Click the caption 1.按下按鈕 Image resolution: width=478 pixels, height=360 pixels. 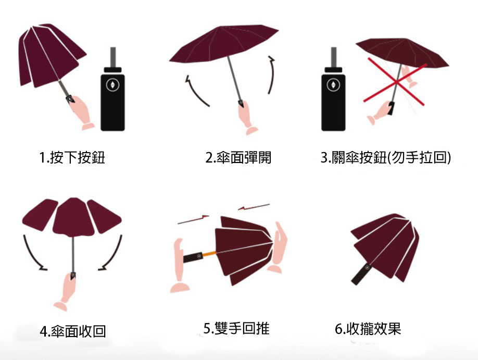72,157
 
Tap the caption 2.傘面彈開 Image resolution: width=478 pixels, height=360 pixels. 238,157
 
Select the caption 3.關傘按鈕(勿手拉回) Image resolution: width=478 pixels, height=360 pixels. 386,157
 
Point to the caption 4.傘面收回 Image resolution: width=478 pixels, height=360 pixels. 73,331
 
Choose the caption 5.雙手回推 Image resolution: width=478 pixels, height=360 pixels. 236,328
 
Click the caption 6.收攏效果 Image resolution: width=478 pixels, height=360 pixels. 368,329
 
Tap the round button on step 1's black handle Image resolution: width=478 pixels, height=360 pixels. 112,85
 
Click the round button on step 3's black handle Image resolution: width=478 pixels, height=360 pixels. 333,85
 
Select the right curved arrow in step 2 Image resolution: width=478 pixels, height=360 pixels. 272,75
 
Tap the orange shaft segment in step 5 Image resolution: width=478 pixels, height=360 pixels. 209,254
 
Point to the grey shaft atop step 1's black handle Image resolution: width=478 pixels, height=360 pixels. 113,57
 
